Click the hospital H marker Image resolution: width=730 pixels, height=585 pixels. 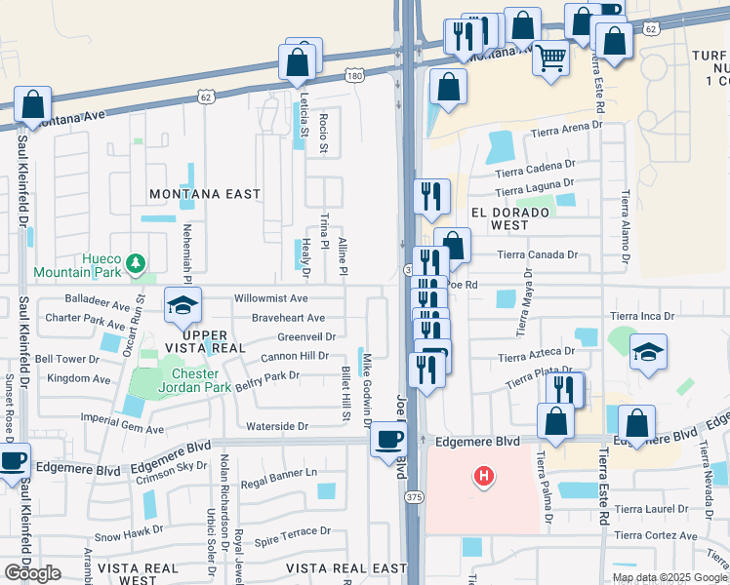click(483, 477)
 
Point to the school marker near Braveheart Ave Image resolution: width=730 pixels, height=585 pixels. click(182, 305)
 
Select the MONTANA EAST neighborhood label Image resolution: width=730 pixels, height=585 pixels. click(205, 194)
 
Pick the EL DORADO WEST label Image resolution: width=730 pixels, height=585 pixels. click(500, 217)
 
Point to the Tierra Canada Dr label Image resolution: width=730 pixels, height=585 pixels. click(538, 254)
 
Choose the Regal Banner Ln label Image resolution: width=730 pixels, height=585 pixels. click(280, 473)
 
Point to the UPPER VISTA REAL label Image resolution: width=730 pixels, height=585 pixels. click(213, 342)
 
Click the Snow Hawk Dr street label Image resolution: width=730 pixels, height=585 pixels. click(129, 534)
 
